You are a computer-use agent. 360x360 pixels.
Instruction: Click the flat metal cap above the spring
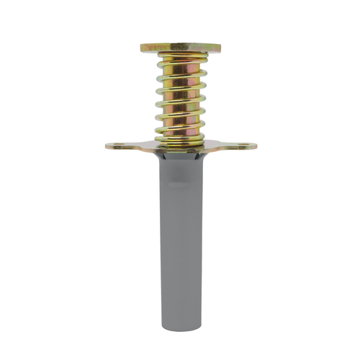pyautogui.click(x=180, y=48)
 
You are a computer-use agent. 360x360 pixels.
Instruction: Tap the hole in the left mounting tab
pyautogui.click(x=117, y=146)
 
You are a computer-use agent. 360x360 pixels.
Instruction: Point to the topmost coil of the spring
pyautogui.click(x=180, y=60)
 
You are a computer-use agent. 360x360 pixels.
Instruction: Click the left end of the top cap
pyautogui.click(x=143, y=48)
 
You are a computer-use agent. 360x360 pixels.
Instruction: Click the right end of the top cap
pyautogui.click(x=219, y=48)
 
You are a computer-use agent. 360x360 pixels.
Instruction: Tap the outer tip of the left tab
pyautogui.click(x=107, y=146)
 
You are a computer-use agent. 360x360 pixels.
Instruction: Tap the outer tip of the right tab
pyautogui.click(x=255, y=146)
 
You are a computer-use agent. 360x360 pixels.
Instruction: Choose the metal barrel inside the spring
pyautogui.click(x=180, y=94)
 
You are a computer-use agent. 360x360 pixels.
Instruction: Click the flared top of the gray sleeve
pyautogui.click(x=180, y=157)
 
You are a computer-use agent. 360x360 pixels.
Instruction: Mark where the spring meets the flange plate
pyautogui.click(x=180, y=140)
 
